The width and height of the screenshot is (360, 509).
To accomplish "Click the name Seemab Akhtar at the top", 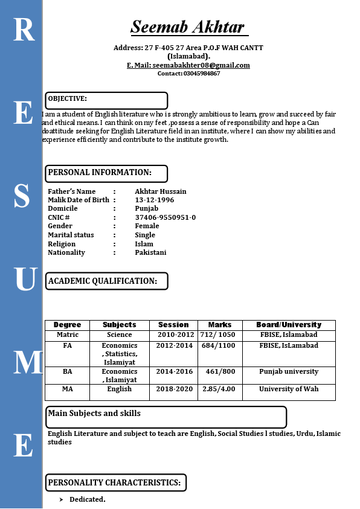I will [x=188, y=27].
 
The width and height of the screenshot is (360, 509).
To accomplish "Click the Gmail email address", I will [x=201, y=65].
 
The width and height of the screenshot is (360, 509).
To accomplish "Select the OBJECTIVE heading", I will [x=68, y=98].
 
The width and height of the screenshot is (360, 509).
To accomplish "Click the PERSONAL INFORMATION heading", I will [x=100, y=173].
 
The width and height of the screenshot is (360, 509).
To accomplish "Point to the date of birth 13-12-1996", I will [x=154, y=200].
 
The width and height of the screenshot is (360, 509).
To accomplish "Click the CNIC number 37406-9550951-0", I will [x=165, y=217].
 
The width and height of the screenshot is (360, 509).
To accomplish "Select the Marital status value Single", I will [x=145, y=235].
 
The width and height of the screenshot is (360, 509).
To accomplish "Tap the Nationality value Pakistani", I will [x=150, y=252].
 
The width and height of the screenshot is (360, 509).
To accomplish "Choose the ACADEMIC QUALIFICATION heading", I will [x=103, y=281].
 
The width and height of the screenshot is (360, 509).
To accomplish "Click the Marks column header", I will [x=220, y=325].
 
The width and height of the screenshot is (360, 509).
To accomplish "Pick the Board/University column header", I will [x=289, y=325].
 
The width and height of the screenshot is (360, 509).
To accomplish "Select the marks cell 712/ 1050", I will [x=218, y=335].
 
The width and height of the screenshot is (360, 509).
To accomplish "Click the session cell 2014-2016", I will [x=174, y=371].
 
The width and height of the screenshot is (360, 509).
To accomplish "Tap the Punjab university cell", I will [x=289, y=371].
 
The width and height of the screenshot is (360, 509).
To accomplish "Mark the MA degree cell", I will [x=67, y=389].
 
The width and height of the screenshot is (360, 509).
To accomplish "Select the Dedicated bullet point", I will [x=87, y=499].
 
